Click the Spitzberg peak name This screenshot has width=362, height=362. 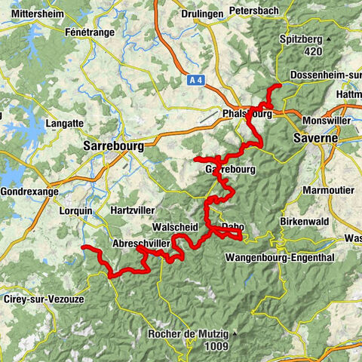coord(302,38)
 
